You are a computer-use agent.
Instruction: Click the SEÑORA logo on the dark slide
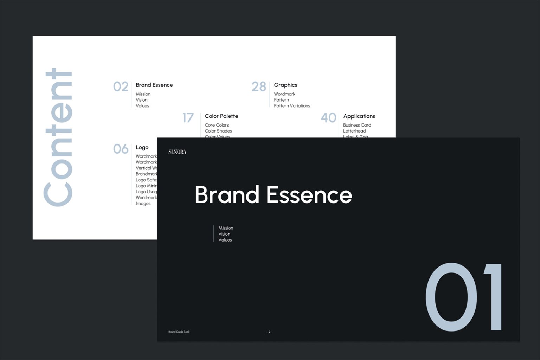(177, 152)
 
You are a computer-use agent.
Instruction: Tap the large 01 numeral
(463, 297)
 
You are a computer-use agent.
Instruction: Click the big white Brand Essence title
(273, 195)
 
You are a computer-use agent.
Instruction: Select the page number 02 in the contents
(121, 86)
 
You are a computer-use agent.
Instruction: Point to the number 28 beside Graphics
(259, 86)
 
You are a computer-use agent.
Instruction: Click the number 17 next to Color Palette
(188, 118)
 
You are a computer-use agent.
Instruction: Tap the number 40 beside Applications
(328, 118)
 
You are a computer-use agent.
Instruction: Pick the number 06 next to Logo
(121, 149)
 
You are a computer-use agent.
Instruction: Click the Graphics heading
(285, 85)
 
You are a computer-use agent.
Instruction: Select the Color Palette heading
(221, 116)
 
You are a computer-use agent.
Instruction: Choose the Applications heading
(359, 116)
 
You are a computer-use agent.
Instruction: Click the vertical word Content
(58, 137)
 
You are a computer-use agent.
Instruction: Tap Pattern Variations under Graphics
(292, 106)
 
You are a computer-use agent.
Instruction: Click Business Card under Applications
(357, 125)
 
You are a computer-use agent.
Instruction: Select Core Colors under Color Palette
(217, 125)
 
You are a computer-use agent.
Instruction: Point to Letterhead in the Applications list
(354, 131)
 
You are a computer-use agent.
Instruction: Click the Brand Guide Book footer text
(179, 332)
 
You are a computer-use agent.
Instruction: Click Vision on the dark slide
(224, 234)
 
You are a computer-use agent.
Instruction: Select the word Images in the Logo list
(143, 204)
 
